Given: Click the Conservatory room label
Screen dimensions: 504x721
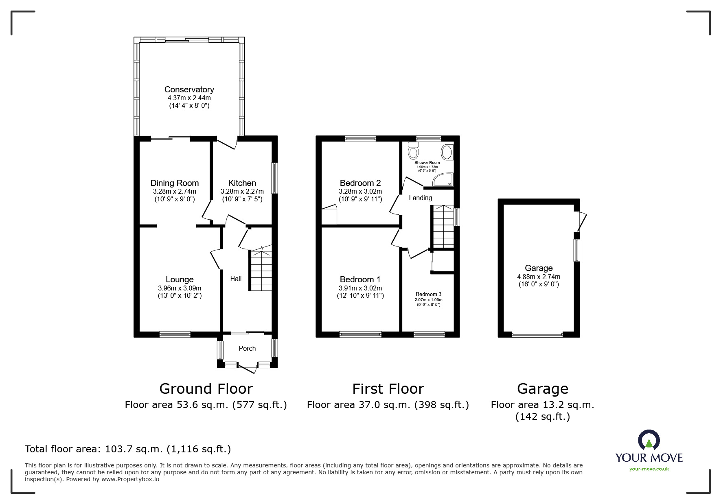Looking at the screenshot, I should pos(189,89).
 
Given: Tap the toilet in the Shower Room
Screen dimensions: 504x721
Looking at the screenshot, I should pos(414,151).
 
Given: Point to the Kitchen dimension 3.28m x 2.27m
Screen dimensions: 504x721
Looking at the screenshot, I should pos(242,191).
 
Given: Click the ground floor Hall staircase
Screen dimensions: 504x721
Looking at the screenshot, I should pos(261,271).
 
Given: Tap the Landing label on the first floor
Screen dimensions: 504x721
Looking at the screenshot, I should pos(420,198).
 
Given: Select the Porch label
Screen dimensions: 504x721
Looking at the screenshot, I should pos(247,348).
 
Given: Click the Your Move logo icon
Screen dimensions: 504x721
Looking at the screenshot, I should pos(649,441).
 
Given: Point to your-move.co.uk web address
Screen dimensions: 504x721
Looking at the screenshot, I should pos(649,469).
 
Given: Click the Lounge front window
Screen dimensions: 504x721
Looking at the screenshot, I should pos(175,334).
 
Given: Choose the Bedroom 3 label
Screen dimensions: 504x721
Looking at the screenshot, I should pos(428,294).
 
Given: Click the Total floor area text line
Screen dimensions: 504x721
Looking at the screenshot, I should pos(128,449).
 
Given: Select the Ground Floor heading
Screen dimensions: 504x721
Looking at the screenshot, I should pos(206,389).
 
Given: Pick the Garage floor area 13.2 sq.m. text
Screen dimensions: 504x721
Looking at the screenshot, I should pos(542,405).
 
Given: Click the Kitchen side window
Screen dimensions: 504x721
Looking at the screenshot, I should pos(275,178).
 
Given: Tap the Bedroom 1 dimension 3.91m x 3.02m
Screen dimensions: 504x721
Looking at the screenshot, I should pos(360,288).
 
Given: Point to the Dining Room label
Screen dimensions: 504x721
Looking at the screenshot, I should pos(174,183).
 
